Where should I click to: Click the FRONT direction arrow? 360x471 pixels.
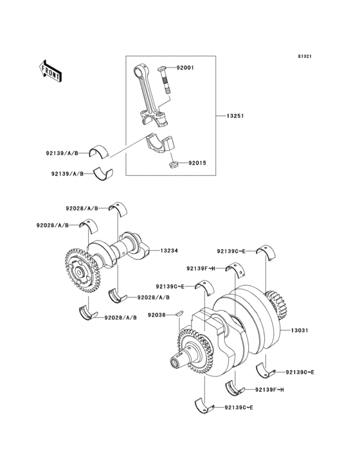pyautogui.click(x=50, y=71)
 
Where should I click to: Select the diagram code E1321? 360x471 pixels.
pyautogui.click(x=305, y=56)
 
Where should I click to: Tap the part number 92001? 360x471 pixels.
pyautogui.click(x=184, y=68)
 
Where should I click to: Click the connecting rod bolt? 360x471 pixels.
pyautogui.click(x=165, y=79)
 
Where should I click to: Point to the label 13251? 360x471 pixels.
pyautogui.click(x=235, y=116)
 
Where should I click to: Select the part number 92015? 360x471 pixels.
pyautogui.click(x=197, y=163)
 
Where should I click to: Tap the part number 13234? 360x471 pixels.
pyautogui.click(x=169, y=250)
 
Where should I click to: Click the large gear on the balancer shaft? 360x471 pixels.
pyautogui.click(x=82, y=270)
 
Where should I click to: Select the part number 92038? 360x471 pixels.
pyautogui.click(x=157, y=315)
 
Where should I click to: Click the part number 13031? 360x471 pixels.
pyautogui.click(x=300, y=331)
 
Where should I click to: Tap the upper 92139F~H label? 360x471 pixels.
pyautogui.click(x=201, y=268)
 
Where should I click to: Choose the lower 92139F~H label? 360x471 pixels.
pyautogui.click(x=269, y=390)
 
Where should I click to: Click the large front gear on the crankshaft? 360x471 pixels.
pyautogui.click(x=195, y=351)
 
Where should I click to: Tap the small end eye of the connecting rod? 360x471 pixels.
pyautogui.click(x=139, y=72)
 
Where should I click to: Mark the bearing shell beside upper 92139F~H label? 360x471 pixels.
pyautogui.click(x=235, y=269)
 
